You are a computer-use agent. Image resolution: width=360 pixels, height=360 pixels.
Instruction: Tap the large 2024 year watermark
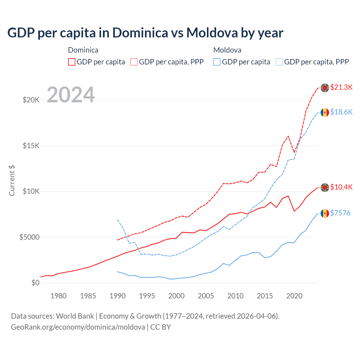[71, 95]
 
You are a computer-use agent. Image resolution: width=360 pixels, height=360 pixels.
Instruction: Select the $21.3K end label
[341, 87]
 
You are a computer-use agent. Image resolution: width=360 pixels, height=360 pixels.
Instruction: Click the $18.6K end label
[341, 112]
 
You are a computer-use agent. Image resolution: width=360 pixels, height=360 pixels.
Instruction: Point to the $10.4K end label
[341, 187]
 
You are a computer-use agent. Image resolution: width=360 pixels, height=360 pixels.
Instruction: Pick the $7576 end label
[340, 213]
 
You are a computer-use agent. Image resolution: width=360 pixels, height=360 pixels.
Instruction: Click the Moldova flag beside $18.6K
[325, 112]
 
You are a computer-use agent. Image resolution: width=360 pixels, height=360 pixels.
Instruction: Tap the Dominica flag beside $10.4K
[325, 188]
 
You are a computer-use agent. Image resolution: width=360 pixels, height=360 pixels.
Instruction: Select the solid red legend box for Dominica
[72, 62]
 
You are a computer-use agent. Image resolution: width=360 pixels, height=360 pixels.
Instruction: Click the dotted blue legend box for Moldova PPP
[279, 62]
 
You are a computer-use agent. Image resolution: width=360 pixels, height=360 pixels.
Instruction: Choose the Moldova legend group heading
[227, 50]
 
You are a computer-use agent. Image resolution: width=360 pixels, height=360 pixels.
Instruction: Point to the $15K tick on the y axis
[31, 146]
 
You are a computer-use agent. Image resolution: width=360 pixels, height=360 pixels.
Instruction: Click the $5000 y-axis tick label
[29, 237]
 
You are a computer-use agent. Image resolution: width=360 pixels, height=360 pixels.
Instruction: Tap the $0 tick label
[35, 283]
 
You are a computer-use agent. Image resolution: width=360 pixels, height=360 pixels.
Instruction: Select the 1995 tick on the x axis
[147, 296]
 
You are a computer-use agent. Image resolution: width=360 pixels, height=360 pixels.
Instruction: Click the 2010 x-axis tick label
[235, 296]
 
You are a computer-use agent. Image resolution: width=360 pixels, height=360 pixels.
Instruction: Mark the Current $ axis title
[12, 181]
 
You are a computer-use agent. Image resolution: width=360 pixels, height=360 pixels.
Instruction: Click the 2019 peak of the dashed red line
[288, 136]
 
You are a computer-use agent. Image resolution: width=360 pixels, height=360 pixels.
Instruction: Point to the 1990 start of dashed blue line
[118, 220]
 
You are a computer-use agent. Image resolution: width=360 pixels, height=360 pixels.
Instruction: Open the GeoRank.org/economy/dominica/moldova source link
[78, 327]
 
